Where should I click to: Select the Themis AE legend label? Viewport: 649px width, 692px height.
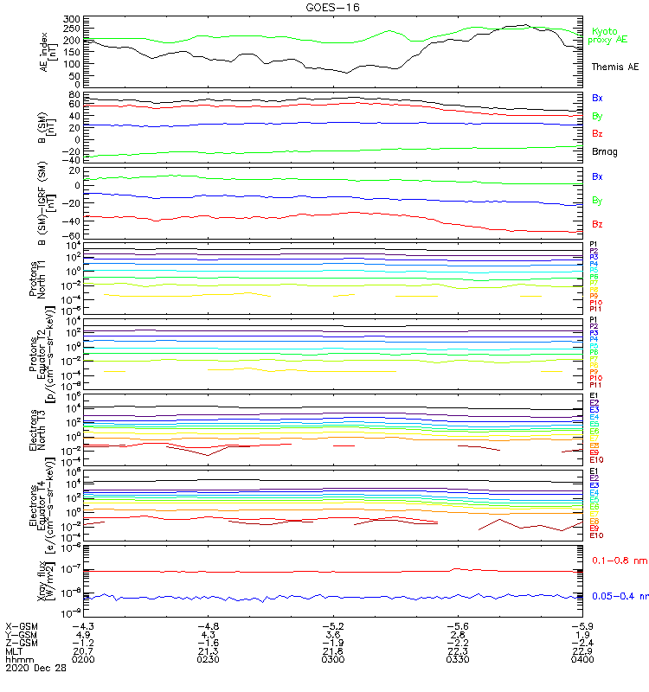click(x=615, y=67)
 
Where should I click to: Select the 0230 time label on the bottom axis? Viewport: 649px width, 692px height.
click(x=209, y=660)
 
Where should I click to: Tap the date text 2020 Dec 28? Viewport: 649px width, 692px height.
click(x=35, y=669)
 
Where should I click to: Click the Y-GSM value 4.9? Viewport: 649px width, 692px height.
click(x=84, y=634)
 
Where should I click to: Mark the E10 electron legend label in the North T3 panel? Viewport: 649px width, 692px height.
click(x=596, y=460)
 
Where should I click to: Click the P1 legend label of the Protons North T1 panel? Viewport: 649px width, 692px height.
click(x=594, y=245)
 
